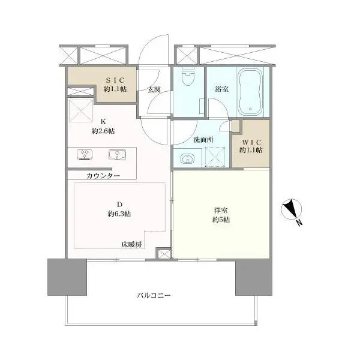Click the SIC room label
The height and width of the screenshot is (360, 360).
[116, 80]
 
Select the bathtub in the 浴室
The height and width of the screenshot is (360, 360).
[252, 93]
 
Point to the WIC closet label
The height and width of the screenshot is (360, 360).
[251, 142]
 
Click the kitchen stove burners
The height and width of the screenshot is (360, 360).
[84, 154]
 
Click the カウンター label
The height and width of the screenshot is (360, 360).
[103, 176]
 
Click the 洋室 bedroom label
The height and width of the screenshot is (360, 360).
[220, 211]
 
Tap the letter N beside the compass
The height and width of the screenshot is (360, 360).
[298, 223]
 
